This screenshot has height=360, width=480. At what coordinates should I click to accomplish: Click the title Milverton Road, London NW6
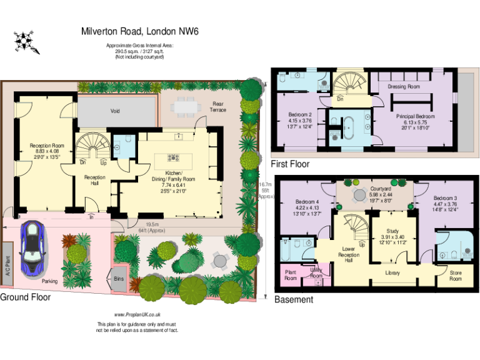point(140,31)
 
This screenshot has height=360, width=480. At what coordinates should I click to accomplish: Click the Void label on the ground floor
point(115,111)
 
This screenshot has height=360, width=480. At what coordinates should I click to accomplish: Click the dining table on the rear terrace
point(184,107)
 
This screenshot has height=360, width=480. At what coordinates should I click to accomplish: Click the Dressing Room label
point(404,87)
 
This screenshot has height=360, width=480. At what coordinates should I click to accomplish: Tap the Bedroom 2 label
point(300,114)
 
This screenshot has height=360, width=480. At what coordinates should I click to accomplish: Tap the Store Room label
point(456,276)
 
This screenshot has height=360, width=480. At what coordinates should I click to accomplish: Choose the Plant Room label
point(291,275)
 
